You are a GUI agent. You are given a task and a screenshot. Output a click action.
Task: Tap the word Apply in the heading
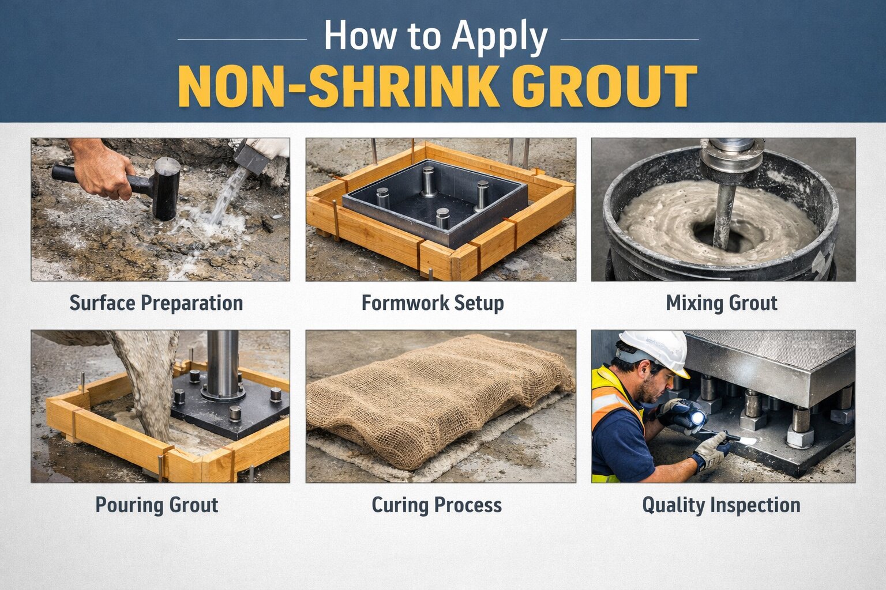coord(500,37)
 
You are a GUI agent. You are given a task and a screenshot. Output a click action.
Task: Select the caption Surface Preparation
coord(156,303)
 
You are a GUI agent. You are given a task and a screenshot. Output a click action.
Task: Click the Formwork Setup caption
coord(433,303)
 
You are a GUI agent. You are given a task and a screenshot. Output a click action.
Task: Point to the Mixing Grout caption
coord(722,303)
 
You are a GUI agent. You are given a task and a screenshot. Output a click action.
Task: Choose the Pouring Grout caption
coord(156,505)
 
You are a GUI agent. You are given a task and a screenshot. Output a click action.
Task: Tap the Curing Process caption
coord(437,505)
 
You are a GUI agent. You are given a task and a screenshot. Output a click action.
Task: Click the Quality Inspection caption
coord(721,505)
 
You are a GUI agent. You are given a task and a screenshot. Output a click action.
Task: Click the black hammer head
coord(166,188)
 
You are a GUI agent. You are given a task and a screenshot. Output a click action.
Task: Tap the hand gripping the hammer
coord(104,170)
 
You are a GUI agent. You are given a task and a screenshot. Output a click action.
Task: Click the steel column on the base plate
coord(223,363)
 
